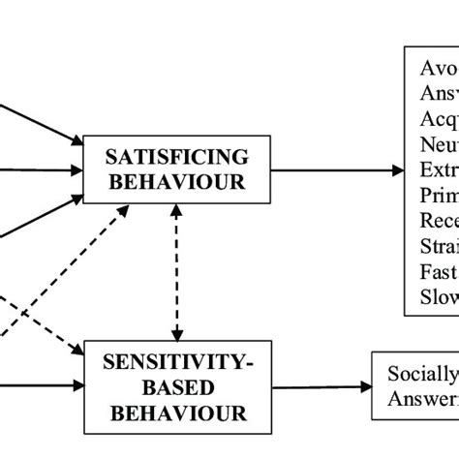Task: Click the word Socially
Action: (x=421, y=375)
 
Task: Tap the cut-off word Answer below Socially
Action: (x=421, y=398)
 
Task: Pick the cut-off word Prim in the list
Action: (x=439, y=195)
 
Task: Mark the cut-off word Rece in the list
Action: (x=439, y=221)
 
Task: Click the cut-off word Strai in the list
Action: (x=439, y=246)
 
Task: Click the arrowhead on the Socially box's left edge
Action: (x=364, y=387)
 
